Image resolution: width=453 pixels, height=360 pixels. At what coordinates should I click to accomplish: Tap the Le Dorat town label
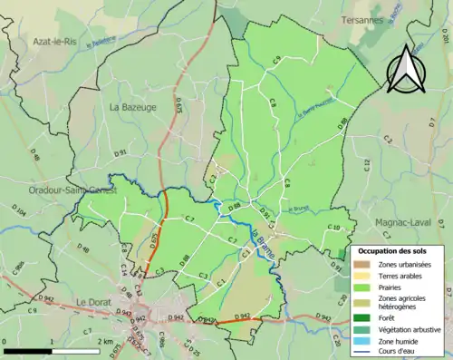coord(93,302)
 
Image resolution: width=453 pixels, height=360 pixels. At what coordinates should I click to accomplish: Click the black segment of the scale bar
coord(27,350)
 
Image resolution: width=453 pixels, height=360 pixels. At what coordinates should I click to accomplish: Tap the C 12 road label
coord(367,164)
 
